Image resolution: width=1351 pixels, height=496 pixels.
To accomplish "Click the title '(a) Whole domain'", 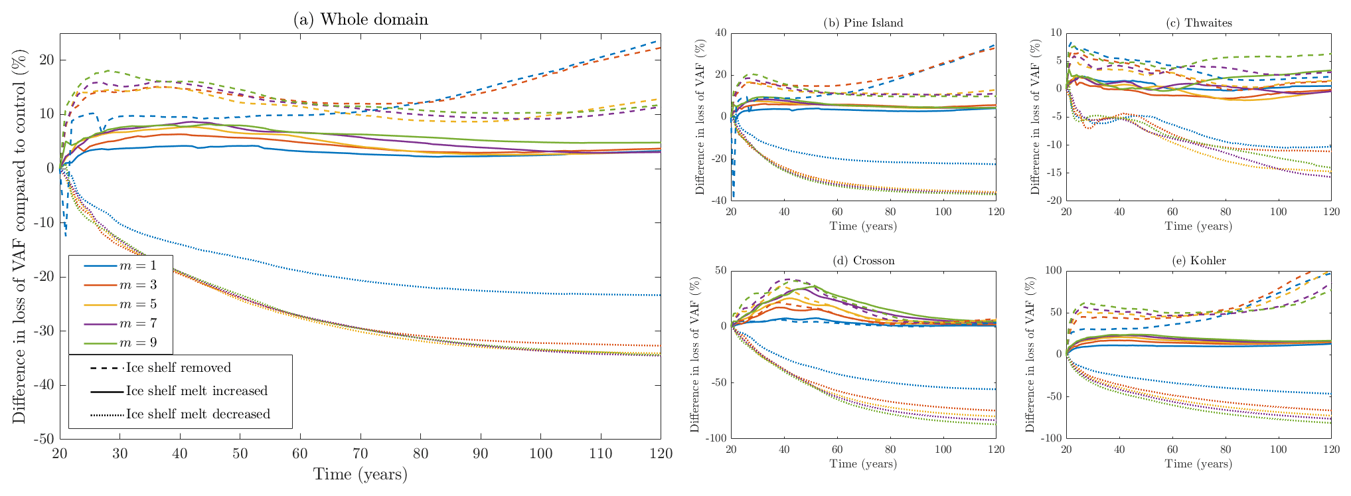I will pyautogui.click(x=360, y=19).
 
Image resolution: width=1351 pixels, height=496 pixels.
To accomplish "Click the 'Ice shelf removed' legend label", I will pyautogui.click(x=179, y=368).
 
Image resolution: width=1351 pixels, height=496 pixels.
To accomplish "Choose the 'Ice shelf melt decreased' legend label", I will pyautogui.click(x=198, y=414).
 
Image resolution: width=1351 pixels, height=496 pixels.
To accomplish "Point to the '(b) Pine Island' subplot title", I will pyautogui.click(x=863, y=23).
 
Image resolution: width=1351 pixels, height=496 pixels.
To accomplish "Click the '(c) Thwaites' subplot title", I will pyautogui.click(x=1198, y=23).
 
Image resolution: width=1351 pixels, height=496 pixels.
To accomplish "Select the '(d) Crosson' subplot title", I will pyautogui.click(x=863, y=260).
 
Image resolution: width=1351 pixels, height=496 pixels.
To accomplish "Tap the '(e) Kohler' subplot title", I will pyautogui.click(x=1198, y=260).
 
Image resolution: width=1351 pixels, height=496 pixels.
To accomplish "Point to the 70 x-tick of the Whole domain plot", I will pyautogui.click(x=360, y=454).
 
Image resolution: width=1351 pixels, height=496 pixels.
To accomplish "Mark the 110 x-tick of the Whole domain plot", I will pyautogui.click(x=600, y=454).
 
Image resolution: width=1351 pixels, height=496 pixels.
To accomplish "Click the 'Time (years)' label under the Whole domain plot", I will pyautogui.click(x=360, y=474).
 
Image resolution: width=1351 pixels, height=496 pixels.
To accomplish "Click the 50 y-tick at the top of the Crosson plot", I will pyautogui.click(x=720, y=270).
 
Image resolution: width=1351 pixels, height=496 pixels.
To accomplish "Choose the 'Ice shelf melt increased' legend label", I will pyautogui.click(x=197, y=391).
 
